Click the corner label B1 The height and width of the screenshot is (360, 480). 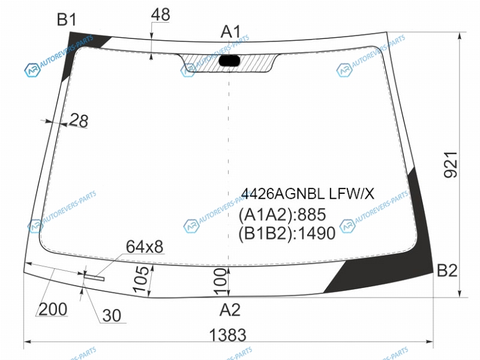click(67, 20)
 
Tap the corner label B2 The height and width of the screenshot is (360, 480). click(447, 271)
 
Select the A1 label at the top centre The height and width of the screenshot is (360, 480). click(231, 32)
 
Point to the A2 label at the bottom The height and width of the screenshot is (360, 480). click(230, 310)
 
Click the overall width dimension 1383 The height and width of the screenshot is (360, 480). click(227, 335)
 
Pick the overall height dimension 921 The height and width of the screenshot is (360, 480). click(451, 164)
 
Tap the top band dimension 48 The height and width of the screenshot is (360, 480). click(160, 14)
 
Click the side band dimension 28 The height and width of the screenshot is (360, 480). click(79, 121)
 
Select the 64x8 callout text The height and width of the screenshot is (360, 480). click(145, 247)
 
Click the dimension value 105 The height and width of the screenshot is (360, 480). click(141, 279)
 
